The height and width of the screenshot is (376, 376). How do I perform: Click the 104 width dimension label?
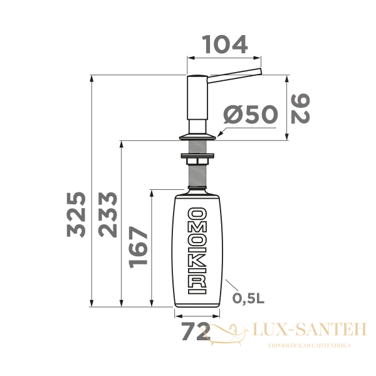pyautogui.click(x=224, y=44)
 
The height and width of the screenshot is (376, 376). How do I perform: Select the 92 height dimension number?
pyautogui.click(x=303, y=108)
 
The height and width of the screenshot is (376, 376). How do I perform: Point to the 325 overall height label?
pyautogui.click(x=76, y=213)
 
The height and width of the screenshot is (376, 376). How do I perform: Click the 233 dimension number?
pyautogui.click(x=107, y=213)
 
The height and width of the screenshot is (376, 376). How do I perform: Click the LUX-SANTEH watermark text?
pyautogui.click(x=307, y=328)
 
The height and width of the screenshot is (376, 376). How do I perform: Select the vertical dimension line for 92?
pyautogui.click(x=287, y=108)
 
